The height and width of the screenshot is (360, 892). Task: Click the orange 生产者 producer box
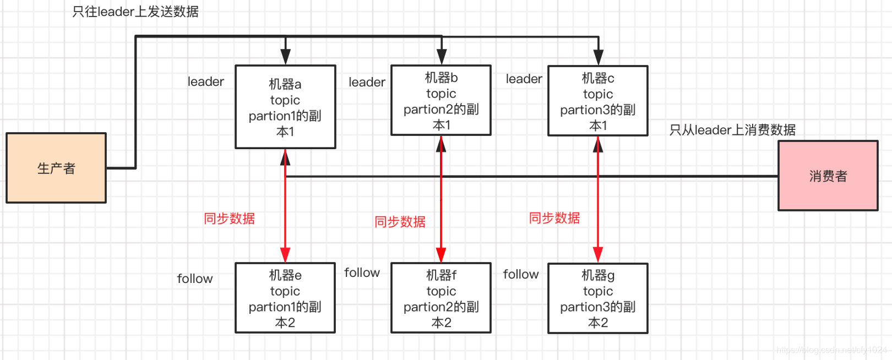click(x=56, y=168)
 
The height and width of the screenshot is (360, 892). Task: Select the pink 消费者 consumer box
click(x=828, y=176)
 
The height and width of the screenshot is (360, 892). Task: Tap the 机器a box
click(x=285, y=107)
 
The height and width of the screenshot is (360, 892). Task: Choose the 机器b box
click(x=441, y=101)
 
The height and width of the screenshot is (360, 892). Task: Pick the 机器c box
click(x=598, y=101)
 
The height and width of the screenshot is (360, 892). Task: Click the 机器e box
click(x=285, y=298)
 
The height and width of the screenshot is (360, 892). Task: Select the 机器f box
click(x=441, y=298)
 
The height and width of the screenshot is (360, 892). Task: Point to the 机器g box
click(x=598, y=298)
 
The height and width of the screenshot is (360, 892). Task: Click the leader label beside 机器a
click(x=205, y=82)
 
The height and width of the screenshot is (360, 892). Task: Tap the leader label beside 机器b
click(x=367, y=83)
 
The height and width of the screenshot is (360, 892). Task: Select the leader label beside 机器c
click(x=524, y=79)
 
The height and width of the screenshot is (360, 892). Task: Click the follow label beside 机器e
click(x=194, y=279)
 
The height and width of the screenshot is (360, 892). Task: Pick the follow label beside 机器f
click(x=362, y=272)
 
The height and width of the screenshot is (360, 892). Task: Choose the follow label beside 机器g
click(x=520, y=274)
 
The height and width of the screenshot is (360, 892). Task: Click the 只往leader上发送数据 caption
click(x=135, y=12)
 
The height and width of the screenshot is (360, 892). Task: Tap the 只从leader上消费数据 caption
click(x=732, y=130)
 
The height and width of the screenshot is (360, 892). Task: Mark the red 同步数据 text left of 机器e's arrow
click(x=229, y=219)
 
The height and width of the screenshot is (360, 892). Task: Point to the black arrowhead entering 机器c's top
click(x=599, y=58)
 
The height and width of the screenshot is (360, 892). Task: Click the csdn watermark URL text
click(x=831, y=350)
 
